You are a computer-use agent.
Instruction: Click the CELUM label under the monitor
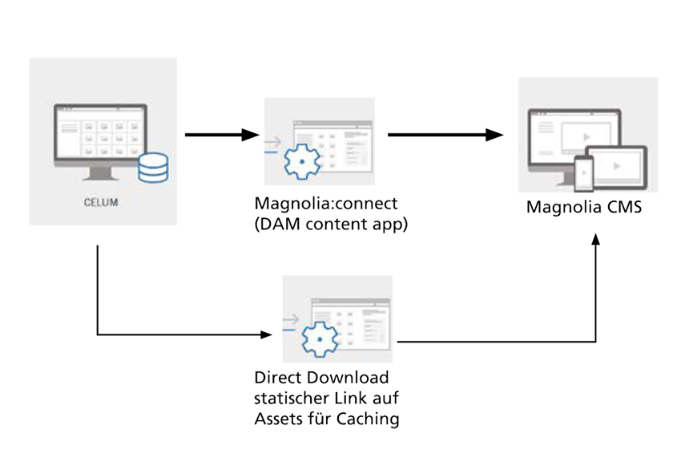click(101, 202)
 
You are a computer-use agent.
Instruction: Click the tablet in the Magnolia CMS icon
click(616, 165)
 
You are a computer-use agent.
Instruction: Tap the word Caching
click(369, 417)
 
